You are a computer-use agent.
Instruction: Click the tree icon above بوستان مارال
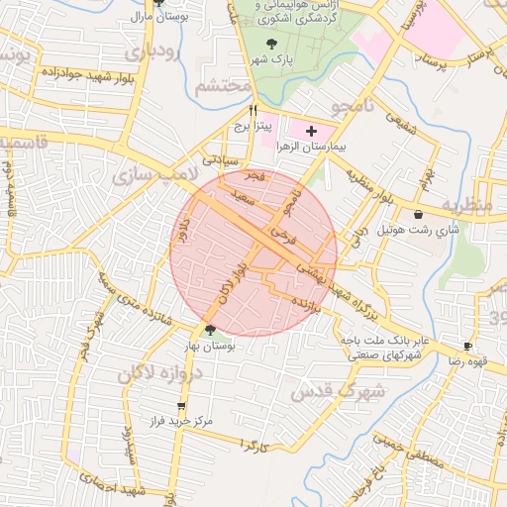pos(157,4)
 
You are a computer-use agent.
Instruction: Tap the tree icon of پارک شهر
pos(272,43)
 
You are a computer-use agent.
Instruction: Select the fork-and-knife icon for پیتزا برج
pos(253,110)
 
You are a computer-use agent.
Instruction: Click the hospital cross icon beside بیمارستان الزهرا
pos(312,131)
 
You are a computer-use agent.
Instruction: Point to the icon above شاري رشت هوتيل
pos(420,214)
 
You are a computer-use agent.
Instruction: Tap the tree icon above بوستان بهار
pos(209,330)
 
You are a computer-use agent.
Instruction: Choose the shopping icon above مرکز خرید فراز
pos(180,406)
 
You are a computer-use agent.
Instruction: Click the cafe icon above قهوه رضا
pos(467,347)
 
